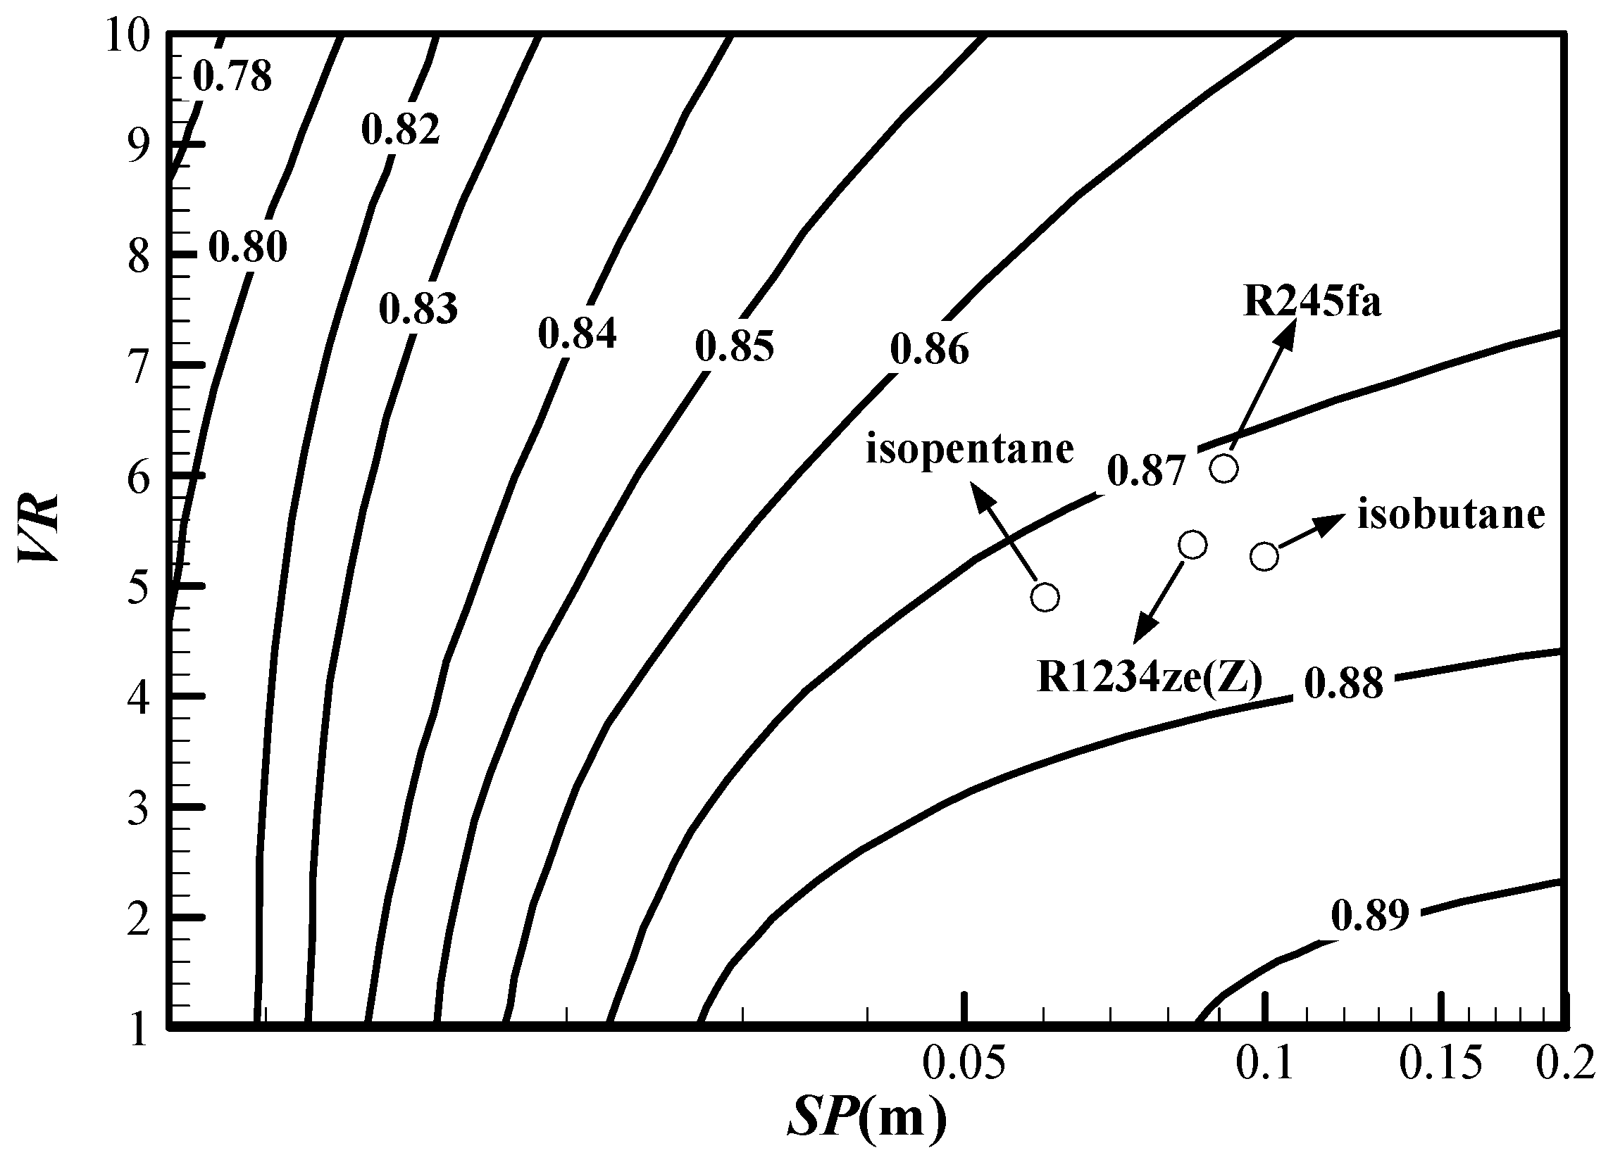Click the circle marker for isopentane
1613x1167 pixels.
(x=1045, y=597)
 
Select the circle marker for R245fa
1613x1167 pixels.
(x=1224, y=469)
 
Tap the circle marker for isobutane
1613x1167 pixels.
(x=1264, y=557)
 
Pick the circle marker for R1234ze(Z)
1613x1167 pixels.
(x=1192, y=545)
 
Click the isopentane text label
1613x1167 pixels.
(x=969, y=450)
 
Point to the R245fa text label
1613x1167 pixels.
(x=1312, y=301)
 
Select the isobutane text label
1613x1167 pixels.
(x=1451, y=515)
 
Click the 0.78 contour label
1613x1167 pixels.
(x=232, y=76)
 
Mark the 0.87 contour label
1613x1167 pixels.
(x=1147, y=470)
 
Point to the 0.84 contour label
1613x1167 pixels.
(x=577, y=334)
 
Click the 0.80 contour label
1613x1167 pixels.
(x=247, y=247)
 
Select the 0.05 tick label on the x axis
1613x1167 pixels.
(x=964, y=1064)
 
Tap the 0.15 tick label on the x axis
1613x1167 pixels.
(x=1442, y=1064)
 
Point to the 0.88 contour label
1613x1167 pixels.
(x=1343, y=683)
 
